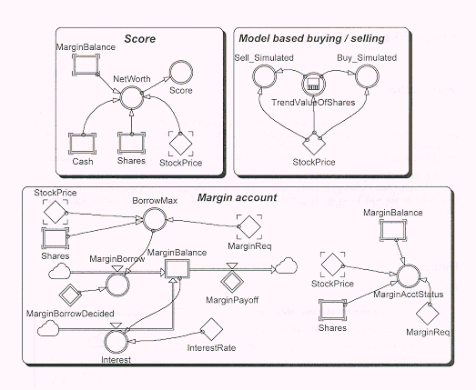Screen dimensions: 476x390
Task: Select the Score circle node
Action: coord(181,73)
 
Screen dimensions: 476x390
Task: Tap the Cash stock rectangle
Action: coord(82,144)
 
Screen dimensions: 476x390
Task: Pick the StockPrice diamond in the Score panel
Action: coord(180,144)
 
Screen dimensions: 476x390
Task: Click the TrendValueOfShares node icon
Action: coord(314,84)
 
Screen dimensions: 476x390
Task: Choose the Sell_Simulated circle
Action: coord(265,76)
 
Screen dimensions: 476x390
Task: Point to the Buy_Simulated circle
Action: coord(367,76)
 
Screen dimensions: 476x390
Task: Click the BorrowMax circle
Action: coord(155,219)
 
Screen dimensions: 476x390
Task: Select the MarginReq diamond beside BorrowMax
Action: coord(249,226)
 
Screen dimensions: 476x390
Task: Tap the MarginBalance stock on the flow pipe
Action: coord(177,269)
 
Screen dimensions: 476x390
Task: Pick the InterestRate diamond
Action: coord(211,329)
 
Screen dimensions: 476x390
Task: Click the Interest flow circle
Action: coord(116,342)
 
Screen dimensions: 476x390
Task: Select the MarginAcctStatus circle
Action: coord(409,276)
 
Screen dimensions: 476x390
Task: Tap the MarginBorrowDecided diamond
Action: coord(70,295)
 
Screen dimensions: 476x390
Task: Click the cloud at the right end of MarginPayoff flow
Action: coord(287,266)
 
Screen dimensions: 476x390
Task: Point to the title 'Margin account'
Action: coord(237,198)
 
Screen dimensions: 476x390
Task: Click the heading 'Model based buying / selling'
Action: coord(312,38)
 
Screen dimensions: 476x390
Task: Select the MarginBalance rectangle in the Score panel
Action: coord(86,65)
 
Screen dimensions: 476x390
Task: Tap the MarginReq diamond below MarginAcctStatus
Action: coord(428,314)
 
